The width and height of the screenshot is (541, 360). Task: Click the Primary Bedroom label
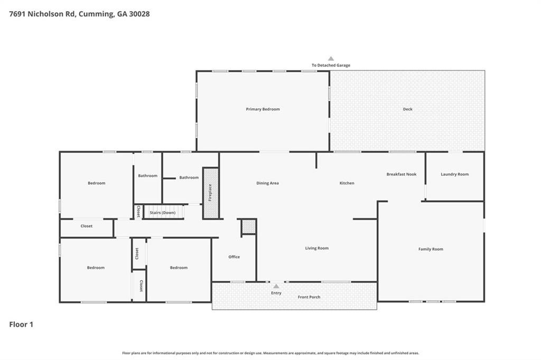coord(263,109)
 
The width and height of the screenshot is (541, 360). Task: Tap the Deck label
coord(407,109)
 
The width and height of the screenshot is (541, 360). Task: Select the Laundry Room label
coord(454,174)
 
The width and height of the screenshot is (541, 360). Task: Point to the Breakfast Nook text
coord(402,174)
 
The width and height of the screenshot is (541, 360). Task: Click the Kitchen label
coord(347,183)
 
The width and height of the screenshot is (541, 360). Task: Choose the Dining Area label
coord(267,183)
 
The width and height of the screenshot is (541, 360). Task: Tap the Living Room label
coord(317,248)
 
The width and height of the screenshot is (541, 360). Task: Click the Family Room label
coord(431,249)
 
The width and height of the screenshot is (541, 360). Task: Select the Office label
coord(234,257)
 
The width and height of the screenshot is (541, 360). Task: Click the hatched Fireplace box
coord(211,193)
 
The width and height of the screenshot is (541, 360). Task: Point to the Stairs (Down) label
coord(163,212)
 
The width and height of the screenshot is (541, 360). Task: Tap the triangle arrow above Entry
coord(276,286)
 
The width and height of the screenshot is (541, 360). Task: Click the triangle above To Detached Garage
coord(331,59)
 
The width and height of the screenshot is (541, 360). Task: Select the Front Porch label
coord(309,297)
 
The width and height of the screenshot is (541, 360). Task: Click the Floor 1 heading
coord(21,325)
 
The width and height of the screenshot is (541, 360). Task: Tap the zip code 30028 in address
coord(139,14)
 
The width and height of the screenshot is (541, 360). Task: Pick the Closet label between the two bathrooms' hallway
coord(138,211)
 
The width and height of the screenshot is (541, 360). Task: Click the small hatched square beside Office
coord(248,226)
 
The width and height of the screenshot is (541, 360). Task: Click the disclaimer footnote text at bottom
coord(270,353)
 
